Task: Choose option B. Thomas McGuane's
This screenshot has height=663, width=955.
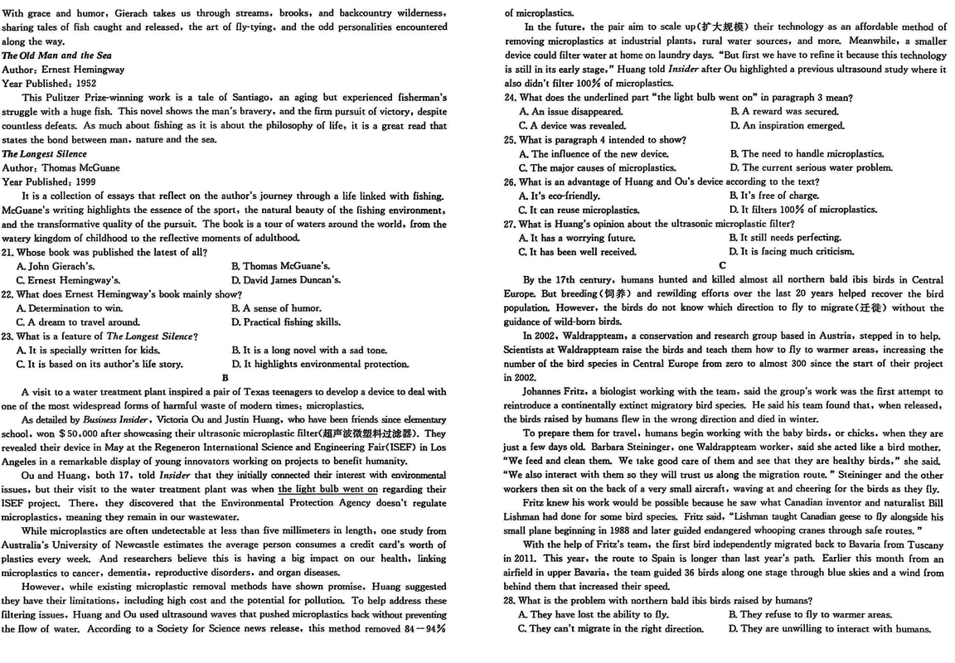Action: (x=281, y=266)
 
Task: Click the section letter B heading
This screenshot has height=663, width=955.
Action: (x=225, y=378)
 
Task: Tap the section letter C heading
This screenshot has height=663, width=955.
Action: (x=723, y=265)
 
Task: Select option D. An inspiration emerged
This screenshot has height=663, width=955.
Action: (x=787, y=125)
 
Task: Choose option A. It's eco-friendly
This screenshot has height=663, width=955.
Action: (x=559, y=196)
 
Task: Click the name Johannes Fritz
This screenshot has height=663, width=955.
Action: (x=554, y=391)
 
